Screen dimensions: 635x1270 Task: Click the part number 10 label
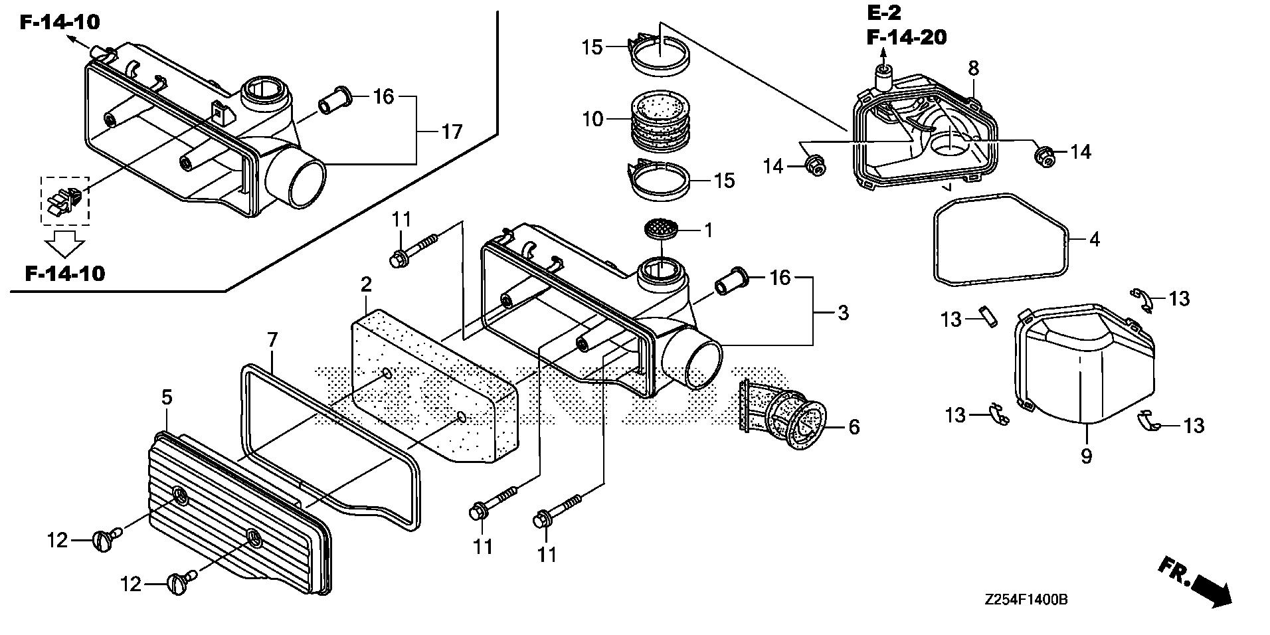pos(592,120)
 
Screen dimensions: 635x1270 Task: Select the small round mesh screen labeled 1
pos(662,229)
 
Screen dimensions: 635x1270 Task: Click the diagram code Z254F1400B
pos(1026,600)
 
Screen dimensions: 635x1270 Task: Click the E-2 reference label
pos(884,13)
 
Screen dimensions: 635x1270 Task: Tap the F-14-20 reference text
pos(906,37)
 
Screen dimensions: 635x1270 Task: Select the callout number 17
pos(452,132)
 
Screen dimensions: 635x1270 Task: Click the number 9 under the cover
pos(1086,456)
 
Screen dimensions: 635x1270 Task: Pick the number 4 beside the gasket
pos(1094,239)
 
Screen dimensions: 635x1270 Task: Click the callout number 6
pos(854,427)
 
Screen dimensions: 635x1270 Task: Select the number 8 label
pos(973,68)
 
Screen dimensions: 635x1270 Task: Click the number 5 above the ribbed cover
pos(167,397)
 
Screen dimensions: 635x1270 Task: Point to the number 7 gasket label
pos(272,340)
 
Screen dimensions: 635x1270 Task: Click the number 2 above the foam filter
pos(366,284)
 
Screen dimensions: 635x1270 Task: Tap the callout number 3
pos(842,312)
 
